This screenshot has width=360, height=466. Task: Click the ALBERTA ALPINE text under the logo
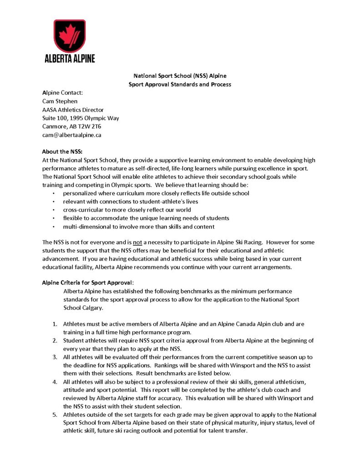pos(70,58)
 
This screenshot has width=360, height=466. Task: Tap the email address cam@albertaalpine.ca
pos(71,135)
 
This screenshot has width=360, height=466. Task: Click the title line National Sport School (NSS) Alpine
pos(179,76)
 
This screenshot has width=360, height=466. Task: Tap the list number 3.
pos(54,357)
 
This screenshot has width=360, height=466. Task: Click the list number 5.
pos(54,415)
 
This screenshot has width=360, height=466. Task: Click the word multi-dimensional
pos(88,227)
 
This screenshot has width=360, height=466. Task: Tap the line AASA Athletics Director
pos(73,110)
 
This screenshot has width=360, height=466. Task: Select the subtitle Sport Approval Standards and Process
pos(179,84)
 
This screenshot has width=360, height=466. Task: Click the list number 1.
pos(54,324)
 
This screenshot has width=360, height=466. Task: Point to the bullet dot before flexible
pos(55,218)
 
